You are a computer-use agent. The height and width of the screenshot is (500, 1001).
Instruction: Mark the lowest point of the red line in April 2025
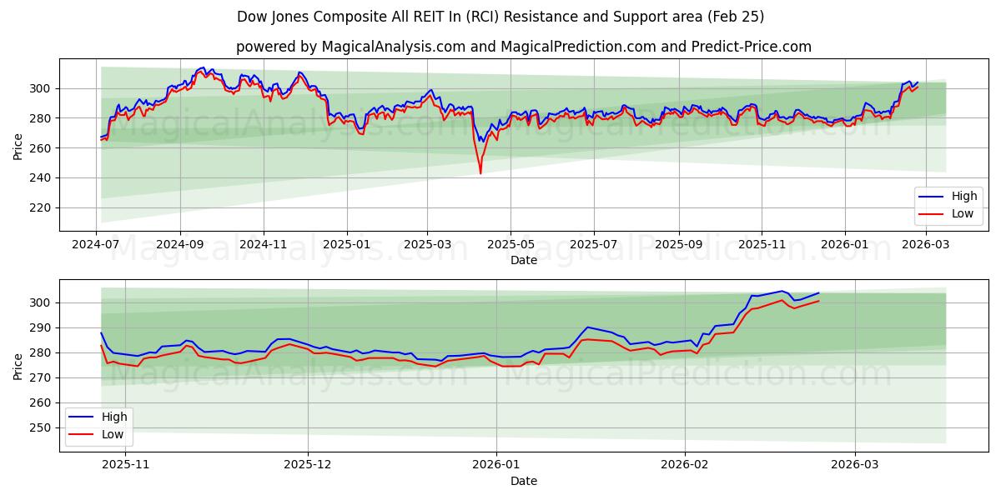click(480, 173)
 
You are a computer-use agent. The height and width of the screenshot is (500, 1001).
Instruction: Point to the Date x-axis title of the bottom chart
click(523, 481)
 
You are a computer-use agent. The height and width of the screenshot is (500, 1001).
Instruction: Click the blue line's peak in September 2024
click(202, 67)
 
